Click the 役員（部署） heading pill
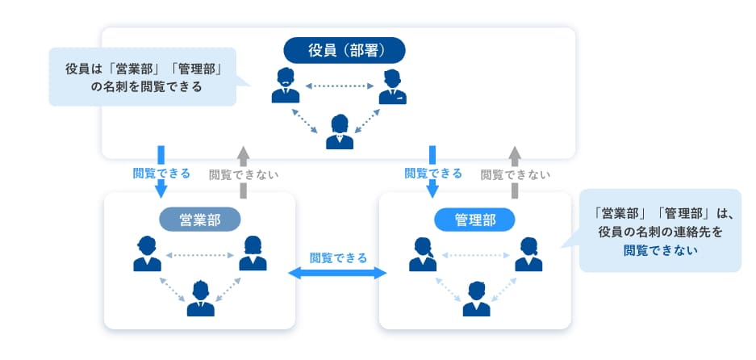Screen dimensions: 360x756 345,50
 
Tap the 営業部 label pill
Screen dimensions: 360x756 199,219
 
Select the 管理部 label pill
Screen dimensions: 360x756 474,219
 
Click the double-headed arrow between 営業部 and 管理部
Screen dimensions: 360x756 338,274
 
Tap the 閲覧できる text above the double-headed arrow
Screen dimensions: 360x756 338,257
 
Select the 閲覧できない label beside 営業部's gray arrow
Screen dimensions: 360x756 244,174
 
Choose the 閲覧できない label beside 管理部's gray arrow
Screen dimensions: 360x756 516,174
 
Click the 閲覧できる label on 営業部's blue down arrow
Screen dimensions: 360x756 161,173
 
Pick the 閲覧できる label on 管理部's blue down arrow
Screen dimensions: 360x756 433,173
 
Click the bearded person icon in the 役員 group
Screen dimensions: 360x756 284,86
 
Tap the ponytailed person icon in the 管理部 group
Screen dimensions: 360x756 422,254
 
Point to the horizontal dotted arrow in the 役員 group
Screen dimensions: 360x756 338,84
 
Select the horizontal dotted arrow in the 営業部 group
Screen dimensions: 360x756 199,255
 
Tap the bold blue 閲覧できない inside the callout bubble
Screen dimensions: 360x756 660,249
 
